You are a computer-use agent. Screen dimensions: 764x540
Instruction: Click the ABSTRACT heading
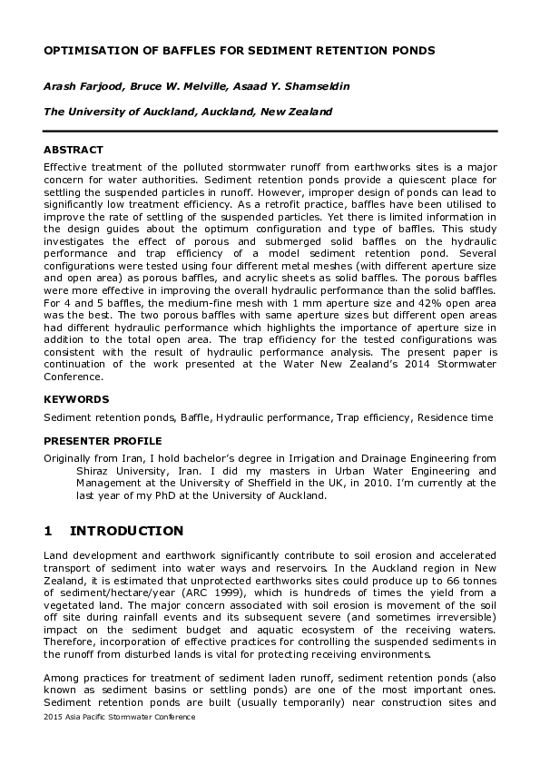[74, 150]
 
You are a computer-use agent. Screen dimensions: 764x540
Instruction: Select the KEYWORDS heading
[76, 398]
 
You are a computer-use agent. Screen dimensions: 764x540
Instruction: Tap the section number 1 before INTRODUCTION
[49, 531]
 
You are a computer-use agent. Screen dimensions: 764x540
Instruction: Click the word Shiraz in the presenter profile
[89, 472]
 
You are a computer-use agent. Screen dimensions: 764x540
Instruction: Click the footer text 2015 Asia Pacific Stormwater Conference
[119, 717]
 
